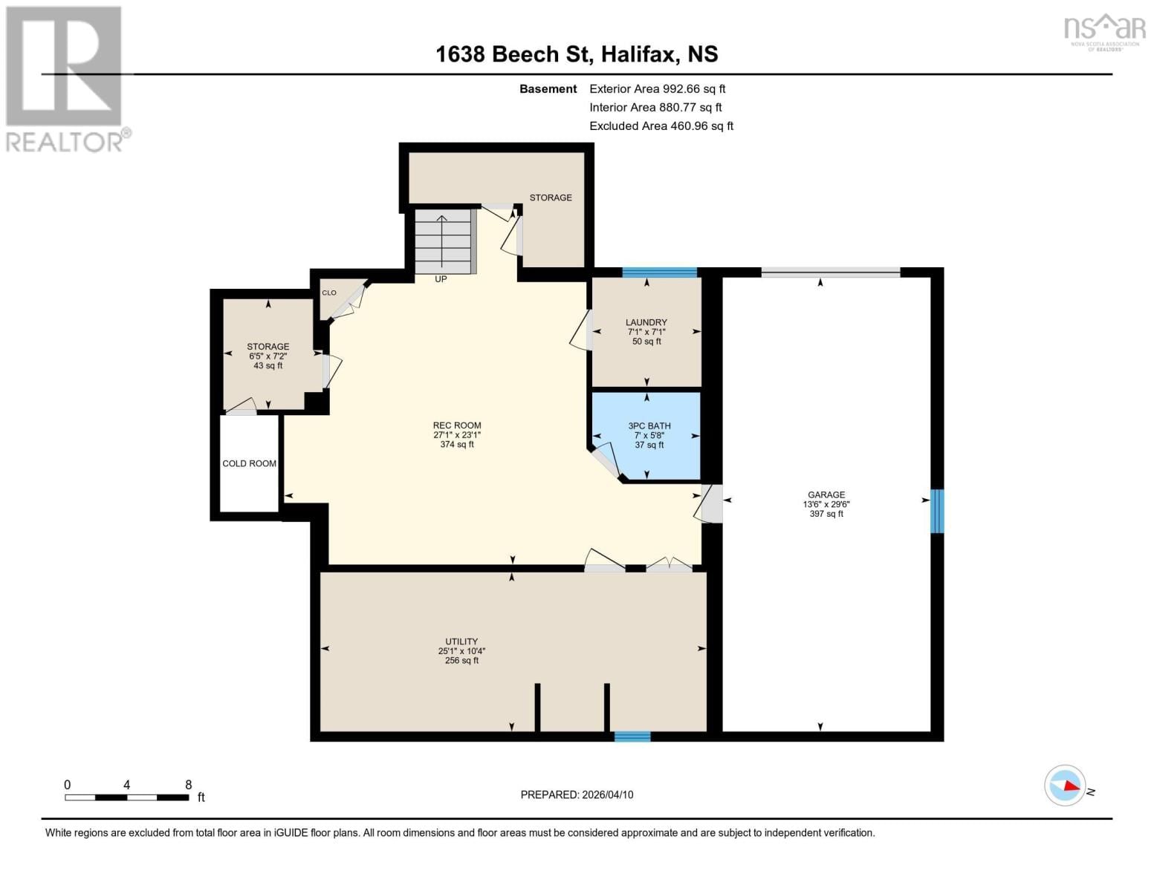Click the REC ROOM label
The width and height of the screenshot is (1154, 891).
pos(457,425)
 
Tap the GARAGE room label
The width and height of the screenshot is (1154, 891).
pos(826,495)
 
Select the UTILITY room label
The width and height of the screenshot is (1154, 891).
pos(461,642)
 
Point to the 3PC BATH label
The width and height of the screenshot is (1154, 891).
pos(649,426)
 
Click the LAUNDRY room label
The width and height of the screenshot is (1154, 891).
pos(646,323)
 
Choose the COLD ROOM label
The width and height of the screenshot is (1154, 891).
pos(249,463)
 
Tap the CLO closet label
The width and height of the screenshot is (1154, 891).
pos(329,293)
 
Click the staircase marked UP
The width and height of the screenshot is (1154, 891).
pos(442,241)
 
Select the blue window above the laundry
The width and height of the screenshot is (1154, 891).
pos(659,272)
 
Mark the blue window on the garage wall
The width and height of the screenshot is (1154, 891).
pos(937,511)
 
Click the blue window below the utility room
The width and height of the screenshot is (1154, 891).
pos(632,737)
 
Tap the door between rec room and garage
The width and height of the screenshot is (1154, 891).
pos(711,503)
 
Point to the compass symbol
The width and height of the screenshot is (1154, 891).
pos(1065,785)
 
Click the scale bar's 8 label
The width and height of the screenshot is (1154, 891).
pos(188,785)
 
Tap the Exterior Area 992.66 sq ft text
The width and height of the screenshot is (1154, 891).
pos(657,88)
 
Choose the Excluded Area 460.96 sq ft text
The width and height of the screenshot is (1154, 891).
pos(661,126)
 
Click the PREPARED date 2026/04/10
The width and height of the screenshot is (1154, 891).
pos(577,794)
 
